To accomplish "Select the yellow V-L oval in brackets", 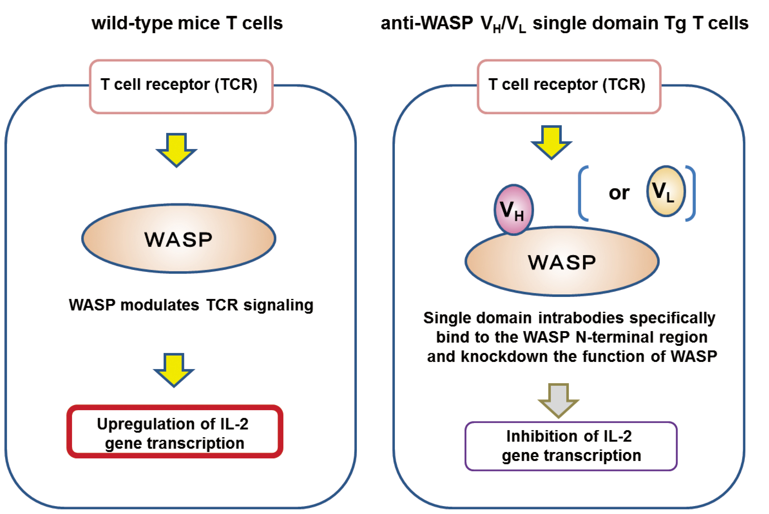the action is (x=666, y=191).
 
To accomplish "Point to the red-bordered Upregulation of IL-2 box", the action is (x=175, y=431).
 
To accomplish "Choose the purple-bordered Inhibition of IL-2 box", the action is (x=571, y=446).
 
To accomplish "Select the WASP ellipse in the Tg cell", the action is (x=562, y=261).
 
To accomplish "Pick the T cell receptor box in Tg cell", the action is (x=569, y=86).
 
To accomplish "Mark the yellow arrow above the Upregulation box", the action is (x=174, y=370).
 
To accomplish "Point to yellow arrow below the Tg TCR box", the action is (x=552, y=142).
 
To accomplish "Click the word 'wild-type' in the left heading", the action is (x=132, y=24).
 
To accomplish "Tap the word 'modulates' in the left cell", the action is (x=160, y=305).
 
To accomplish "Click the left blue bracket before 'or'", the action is (x=583, y=193).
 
